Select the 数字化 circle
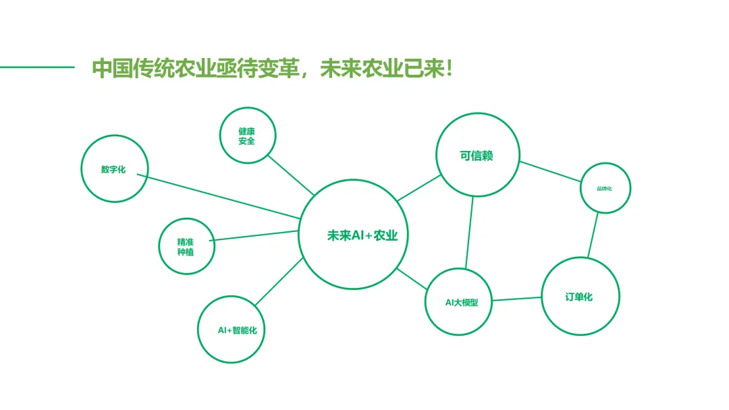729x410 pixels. tap(115, 169)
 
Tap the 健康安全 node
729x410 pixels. tap(248, 135)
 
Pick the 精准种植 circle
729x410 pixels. tap(186, 246)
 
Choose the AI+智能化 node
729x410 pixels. tap(232, 330)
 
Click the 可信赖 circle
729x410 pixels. tap(478, 155)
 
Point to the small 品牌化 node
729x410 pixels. tap(605, 188)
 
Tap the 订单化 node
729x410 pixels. tap(580, 296)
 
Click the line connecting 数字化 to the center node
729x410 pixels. tap(223, 197)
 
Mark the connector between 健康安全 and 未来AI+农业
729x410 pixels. tap(290, 175)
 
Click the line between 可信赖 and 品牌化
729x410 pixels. tap(550, 171)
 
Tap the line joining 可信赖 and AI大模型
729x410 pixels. tap(469, 232)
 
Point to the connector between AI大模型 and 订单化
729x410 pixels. tap(517, 299)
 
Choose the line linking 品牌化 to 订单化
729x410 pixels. tap(593, 235)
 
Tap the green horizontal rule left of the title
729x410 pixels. tap(37, 67)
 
